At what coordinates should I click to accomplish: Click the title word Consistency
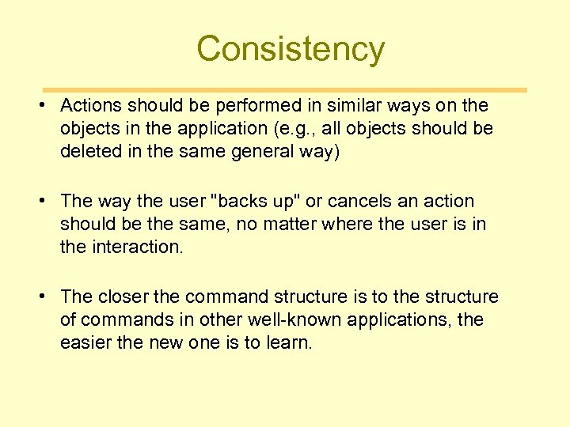[291, 49]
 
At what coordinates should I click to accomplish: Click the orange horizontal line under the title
[284, 90]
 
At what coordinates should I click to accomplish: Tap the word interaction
[139, 248]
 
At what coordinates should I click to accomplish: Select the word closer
[123, 297]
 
